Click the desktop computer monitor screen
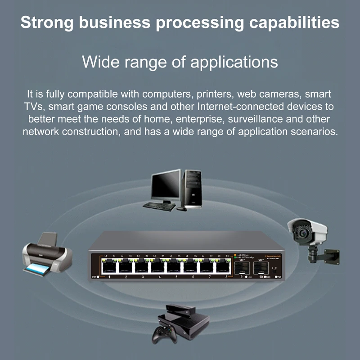click(165, 185)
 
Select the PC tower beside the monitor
click(191, 189)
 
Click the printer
click(47, 254)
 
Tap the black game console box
click(189, 322)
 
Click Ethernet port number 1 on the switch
click(109, 267)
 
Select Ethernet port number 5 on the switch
click(175, 267)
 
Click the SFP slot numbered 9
click(242, 269)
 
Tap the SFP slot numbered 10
click(260, 269)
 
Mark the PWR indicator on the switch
click(98, 277)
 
